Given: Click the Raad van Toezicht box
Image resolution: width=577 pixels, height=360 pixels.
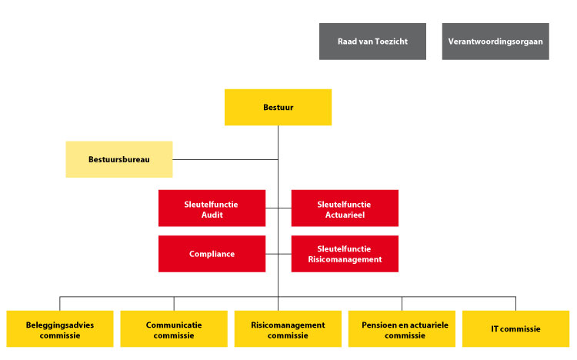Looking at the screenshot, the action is (x=372, y=42).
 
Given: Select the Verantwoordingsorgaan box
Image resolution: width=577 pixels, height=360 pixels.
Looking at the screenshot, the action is (x=495, y=42).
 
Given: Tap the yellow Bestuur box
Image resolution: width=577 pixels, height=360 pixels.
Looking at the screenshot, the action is (x=278, y=107).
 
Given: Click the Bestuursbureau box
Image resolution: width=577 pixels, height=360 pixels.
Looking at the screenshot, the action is (x=118, y=159).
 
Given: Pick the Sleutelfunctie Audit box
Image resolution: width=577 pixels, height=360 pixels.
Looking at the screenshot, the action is (x=212, y=208).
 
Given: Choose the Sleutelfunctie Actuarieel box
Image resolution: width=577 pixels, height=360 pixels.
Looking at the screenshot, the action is (x=345, y=208).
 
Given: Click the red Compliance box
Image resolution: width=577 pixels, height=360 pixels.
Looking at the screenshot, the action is (x=212, y=254).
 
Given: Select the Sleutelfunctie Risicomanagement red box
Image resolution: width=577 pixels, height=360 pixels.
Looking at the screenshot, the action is (x=345, y=254).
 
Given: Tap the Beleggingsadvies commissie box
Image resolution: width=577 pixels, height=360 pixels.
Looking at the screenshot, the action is (x=60, y=328).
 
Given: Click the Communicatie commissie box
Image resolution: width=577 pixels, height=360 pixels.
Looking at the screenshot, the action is (x=174, y=328).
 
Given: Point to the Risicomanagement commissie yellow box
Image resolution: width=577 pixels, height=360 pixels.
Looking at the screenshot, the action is (x=288, y=328).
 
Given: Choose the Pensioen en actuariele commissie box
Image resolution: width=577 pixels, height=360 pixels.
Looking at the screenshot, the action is (x=402, y=328).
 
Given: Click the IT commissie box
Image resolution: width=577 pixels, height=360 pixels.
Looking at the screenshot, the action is (x=516, y=328).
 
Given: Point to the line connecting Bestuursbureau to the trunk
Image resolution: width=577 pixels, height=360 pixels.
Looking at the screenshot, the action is (x=225, y=159).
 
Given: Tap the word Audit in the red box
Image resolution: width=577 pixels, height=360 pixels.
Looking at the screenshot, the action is (x=212, y=215).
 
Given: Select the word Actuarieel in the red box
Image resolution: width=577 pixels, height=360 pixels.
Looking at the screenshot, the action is (x=345, y=215).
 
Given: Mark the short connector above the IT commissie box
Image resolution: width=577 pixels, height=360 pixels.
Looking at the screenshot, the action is (x=516, y=304).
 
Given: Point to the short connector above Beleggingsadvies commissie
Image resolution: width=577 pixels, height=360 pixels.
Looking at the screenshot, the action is (x=59, y=304).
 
